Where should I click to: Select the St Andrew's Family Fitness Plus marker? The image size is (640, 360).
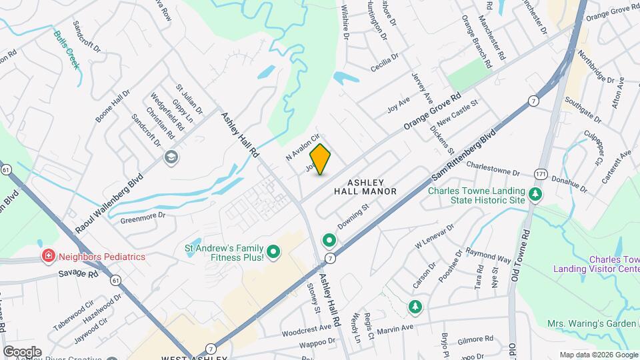(274, 252)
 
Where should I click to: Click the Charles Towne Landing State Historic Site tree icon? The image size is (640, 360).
(535, 195)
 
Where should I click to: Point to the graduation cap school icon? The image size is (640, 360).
(171, 158)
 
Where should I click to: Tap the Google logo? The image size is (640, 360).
(22, 352)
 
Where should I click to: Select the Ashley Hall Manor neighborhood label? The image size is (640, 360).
(366, 187)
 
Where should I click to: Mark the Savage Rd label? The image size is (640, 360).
(78, 273)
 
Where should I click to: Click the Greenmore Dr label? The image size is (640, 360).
(143, 218)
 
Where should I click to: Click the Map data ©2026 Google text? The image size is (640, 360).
(597, 355)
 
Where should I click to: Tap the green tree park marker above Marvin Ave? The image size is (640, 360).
(415, 307)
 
